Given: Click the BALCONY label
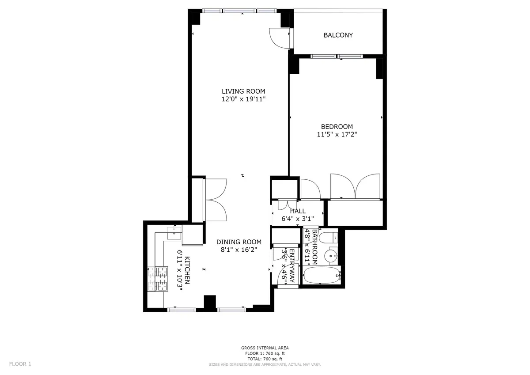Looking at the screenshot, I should click(338, 35).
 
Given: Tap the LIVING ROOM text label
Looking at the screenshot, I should click(243, 91).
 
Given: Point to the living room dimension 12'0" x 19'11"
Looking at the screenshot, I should click(243, 99).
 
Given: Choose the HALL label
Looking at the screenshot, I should click(298, 211).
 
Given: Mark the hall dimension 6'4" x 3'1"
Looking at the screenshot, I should click(298, 219).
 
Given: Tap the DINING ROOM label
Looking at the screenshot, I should click(238, 242).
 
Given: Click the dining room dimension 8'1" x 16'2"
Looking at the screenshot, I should click(238, 250).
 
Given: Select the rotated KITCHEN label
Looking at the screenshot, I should click(187, 270).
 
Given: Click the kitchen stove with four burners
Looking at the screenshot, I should click(158, 279).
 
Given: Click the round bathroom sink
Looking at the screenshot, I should click(329, 256).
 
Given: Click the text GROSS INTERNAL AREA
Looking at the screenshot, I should click(265, 348).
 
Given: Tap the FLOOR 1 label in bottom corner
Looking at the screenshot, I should click(20, 364).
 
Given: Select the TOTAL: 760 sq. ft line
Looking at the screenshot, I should click(265, 359).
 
